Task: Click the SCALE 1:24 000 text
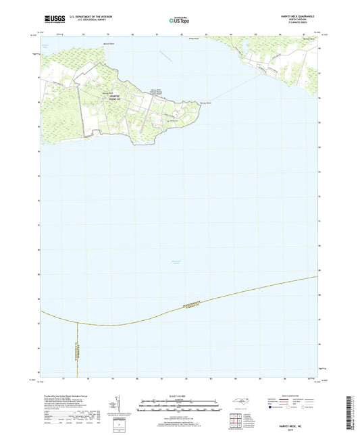(x=179, y=395)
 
